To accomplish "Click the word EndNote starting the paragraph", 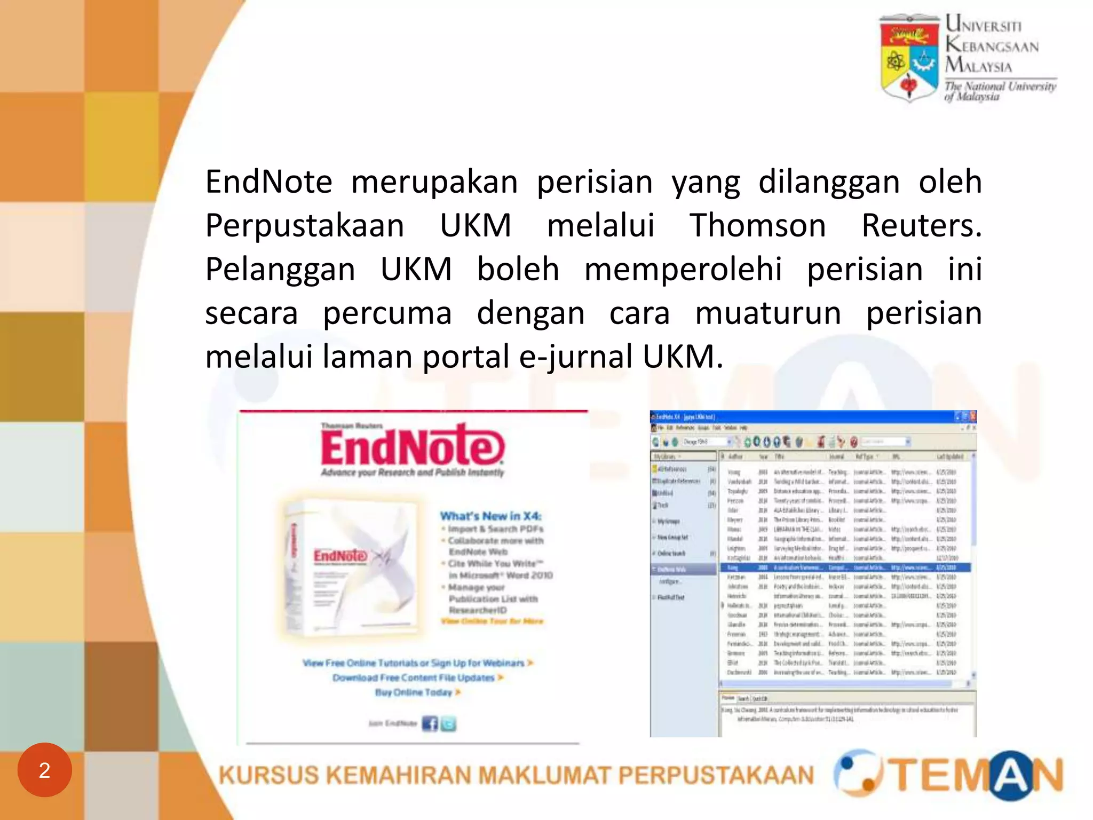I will click(x=268, y=182).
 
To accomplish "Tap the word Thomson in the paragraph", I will click(x=757, y=225).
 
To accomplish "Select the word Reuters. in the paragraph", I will click(x=921, y=225).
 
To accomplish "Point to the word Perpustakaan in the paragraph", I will click(x=305, y=225).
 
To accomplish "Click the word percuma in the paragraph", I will click(x=387, y=313).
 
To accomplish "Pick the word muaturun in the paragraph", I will click(x=768, y=313).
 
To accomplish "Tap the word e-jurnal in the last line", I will click(x=575, y=357).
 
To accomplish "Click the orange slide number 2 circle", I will click(x=45, y=770).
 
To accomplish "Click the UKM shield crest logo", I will click(x=909, y=58).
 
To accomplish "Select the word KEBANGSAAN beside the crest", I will click(x=992, y=46).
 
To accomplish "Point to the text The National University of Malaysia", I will click(x=1000, y=91).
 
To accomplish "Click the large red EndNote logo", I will click(x=412, y=446).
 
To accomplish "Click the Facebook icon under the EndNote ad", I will click(x=430, y=724).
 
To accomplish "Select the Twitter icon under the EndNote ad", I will click(x=449, y=724).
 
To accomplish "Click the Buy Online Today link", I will click(x=414, y=692).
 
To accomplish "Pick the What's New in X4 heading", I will click(x=490, y=516).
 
